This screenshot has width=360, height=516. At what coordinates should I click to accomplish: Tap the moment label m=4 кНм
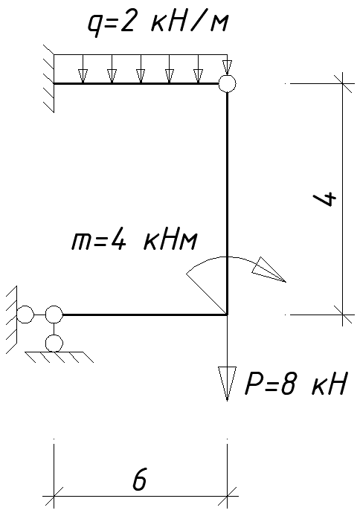(135, 241)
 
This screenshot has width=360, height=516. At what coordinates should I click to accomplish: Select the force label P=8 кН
(295, 384)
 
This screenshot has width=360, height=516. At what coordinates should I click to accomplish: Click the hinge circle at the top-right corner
(227, 84)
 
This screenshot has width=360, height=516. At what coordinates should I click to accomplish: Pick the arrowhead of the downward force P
(227, 383)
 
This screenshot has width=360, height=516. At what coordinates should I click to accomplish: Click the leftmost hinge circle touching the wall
(25, 315)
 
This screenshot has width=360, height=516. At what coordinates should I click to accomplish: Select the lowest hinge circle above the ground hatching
(54, 344)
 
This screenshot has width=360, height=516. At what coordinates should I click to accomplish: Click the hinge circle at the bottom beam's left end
(54, 315)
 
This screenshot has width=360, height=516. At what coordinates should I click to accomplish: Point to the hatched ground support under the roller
(60, 357)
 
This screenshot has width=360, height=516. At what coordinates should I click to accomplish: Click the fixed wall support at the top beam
(48, 79)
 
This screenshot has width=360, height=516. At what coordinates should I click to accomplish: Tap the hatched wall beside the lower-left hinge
(11, 320)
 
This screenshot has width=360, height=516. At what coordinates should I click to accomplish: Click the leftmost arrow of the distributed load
(83, 69)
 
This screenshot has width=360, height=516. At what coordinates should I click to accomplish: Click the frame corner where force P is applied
(227, 315)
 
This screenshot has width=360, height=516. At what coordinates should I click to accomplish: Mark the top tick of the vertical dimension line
(343, 83)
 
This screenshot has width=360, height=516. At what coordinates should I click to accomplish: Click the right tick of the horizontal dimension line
(227, 496)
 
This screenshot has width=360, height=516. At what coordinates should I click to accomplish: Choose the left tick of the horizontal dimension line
(54, 496)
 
